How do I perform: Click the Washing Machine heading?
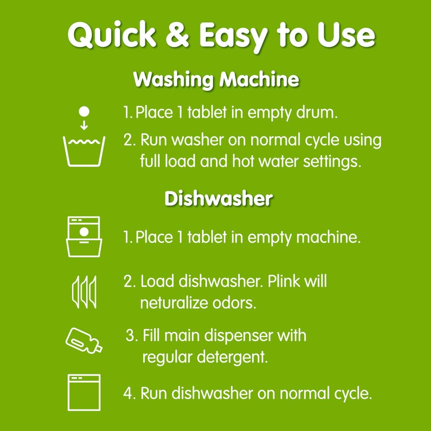215,80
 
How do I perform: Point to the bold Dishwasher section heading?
218,199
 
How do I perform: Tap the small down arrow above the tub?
84,126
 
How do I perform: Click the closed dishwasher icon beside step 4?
84,391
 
